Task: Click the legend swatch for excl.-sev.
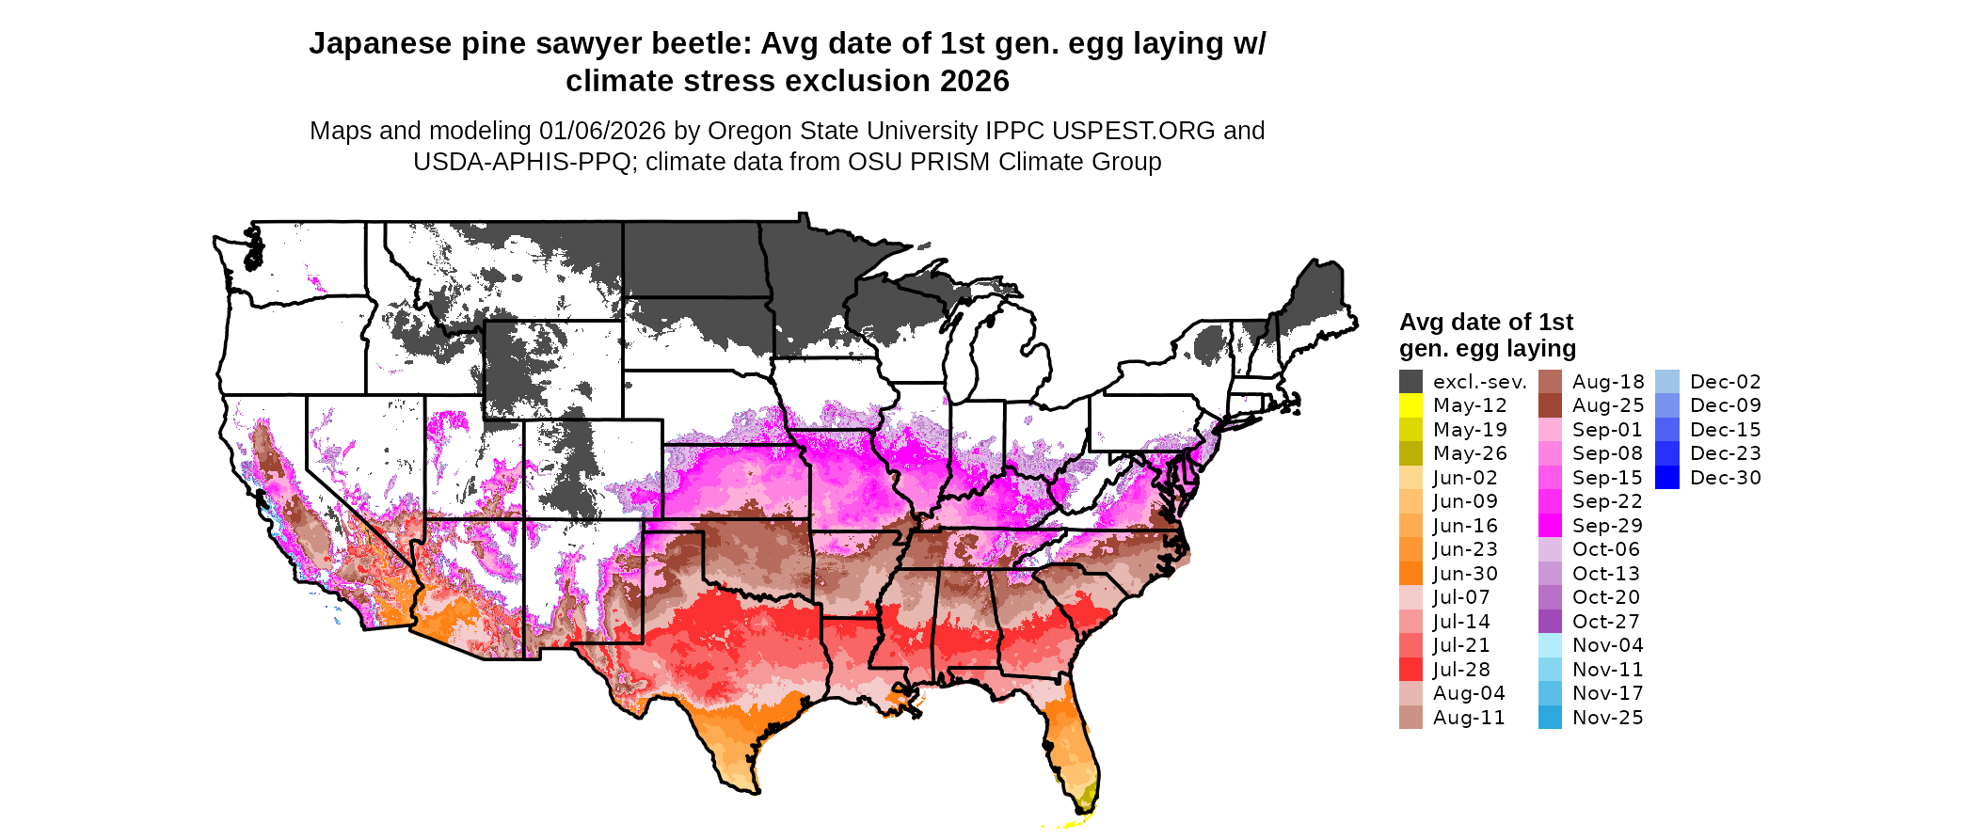point(1410,382)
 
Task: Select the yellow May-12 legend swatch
point(1410,405)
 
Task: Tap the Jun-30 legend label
point(1465,574)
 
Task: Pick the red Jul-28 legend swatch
point(1410,670)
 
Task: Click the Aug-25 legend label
point(1608,405)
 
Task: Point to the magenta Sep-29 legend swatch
point(1550,526)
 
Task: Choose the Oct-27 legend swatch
point(1550,622)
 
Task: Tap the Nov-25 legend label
point(1608,718)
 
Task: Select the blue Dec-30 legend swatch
point(1666,478)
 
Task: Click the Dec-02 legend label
point(1725,382)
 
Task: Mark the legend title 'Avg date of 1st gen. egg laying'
point(1487,335)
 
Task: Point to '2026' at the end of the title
point(974,81)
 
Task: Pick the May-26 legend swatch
point(1410,453)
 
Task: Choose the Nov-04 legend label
point(1608,645)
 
